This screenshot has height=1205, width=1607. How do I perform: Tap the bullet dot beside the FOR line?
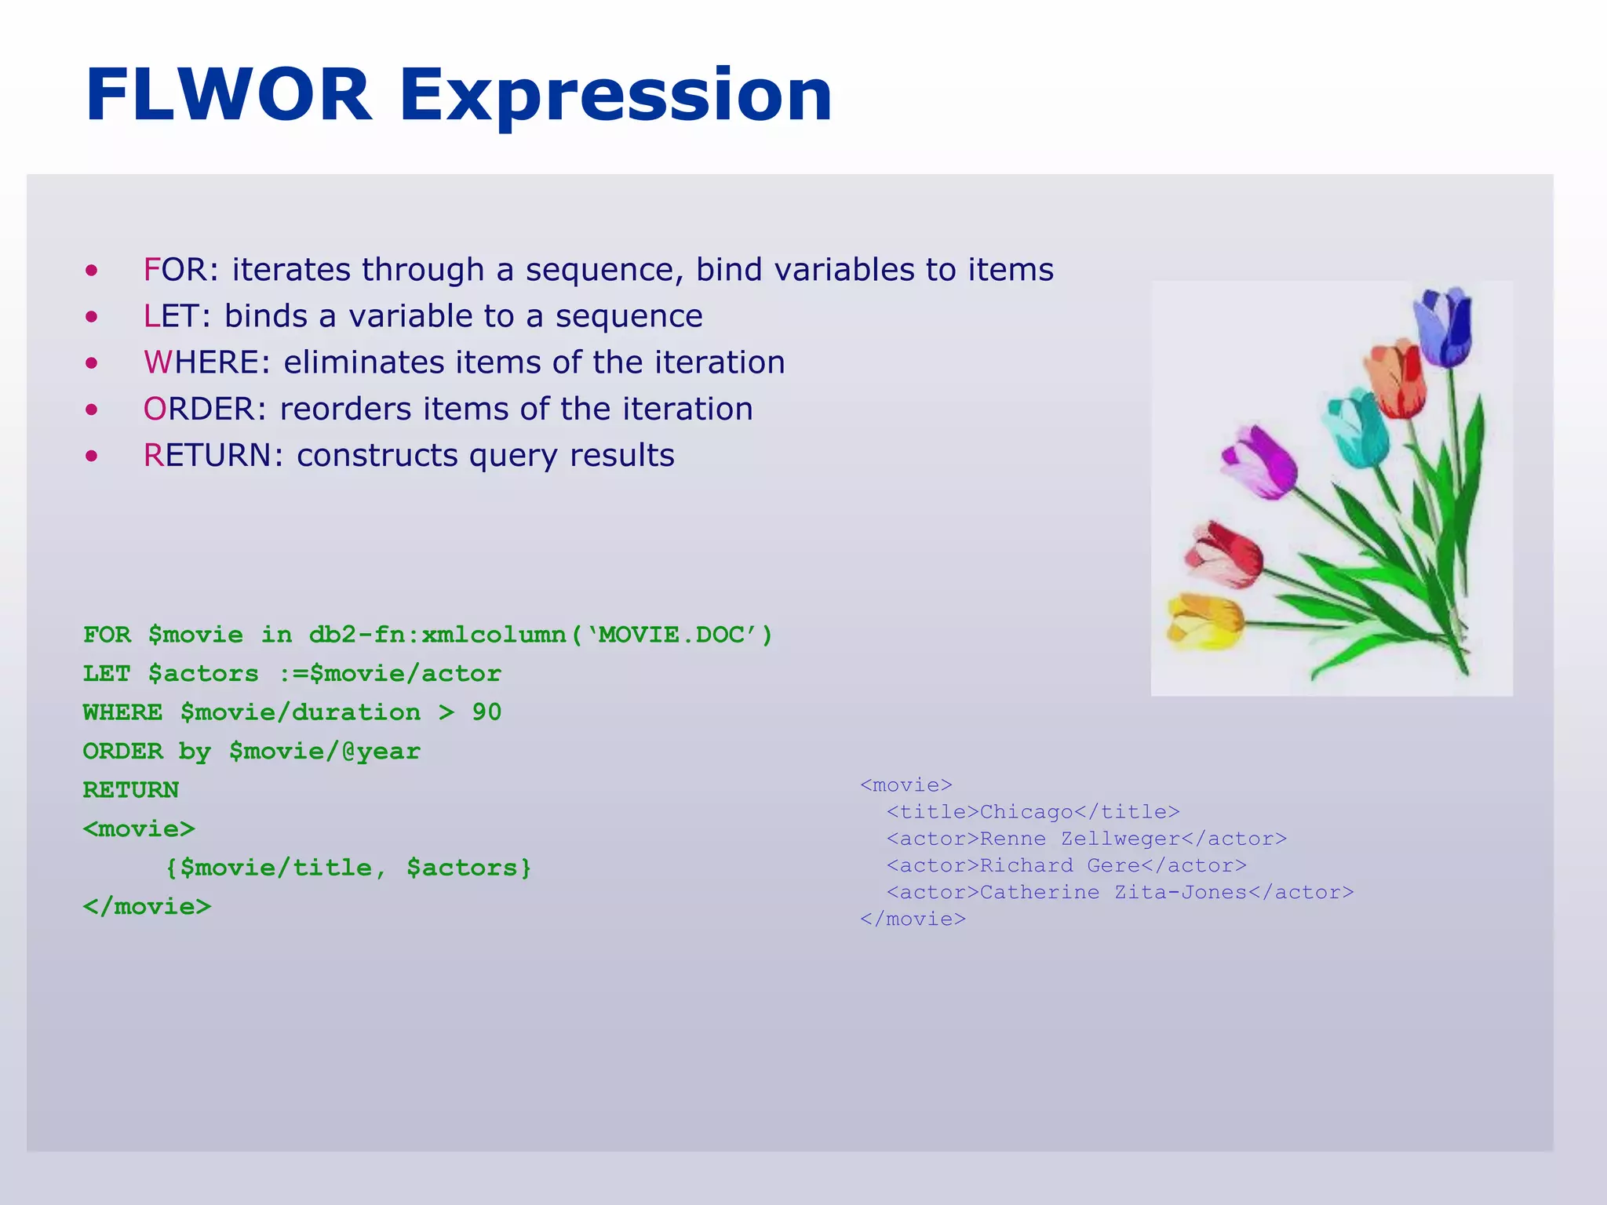tap(93, 271)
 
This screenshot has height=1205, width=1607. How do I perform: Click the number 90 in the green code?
tap(486, 712)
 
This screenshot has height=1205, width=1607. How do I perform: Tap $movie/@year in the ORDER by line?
tap(325, 752)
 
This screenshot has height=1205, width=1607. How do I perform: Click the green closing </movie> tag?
tap(148, 907)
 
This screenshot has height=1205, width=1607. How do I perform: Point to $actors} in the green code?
tap(468, 868)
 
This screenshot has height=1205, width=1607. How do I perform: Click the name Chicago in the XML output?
tap(1026, 812)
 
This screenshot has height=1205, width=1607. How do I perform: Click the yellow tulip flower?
tap(1203, 620)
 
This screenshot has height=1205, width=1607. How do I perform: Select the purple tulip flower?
tap(1259, 463)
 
